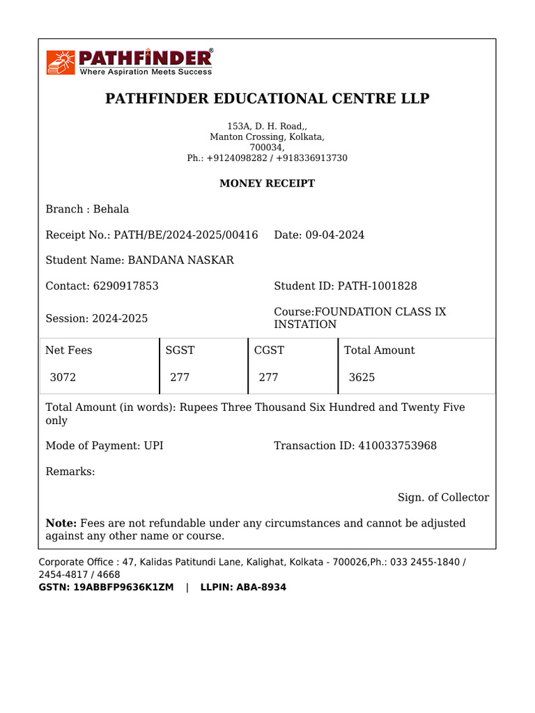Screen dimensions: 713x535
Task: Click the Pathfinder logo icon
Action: coord(61,62)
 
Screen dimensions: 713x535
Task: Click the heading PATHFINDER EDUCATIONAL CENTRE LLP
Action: coord(267,98)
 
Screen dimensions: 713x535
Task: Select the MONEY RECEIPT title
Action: coord(267,184)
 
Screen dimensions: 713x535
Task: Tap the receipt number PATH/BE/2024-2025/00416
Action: coord(185,235)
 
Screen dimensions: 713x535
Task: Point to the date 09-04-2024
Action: coord(334,235)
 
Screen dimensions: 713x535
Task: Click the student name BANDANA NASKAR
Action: coord(180,260)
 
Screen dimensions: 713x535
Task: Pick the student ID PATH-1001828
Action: coord(378,286)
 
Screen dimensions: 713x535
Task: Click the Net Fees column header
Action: coord(69,350)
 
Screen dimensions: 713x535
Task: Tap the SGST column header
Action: coord(180,350)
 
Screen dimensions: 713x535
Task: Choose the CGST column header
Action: coord(269,350)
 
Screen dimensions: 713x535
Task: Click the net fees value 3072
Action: coord(63,377)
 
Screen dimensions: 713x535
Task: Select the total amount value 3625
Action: coord(362,377)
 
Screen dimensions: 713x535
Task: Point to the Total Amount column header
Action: coord(379,350)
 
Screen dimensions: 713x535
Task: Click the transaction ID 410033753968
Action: coord(397,446)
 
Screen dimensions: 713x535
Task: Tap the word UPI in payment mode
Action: coord(153,446)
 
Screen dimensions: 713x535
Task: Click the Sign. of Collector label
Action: coord(443,497)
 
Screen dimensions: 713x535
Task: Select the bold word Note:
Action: coord(61,523)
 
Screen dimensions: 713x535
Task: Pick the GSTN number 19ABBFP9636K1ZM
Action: coord(123,588)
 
